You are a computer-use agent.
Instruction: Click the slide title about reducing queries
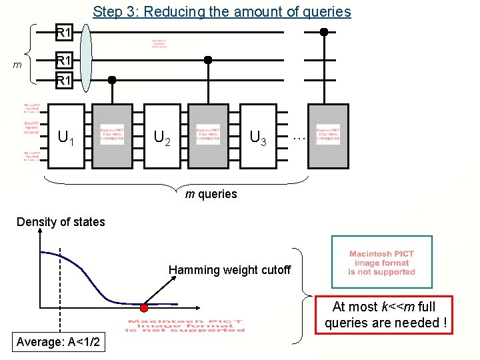(x=221, y=11)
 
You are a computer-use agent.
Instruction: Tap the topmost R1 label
(x=64, y=32)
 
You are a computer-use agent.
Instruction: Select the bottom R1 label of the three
(x=64, y=81)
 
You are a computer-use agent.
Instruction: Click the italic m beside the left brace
(x=19, y=64)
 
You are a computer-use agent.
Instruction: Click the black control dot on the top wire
(x=324, y=31)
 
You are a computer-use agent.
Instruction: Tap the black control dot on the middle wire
(x=208, y=60)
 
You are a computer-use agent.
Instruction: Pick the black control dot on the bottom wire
(x=112, y=80)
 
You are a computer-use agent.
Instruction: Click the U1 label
(x=66, y=139)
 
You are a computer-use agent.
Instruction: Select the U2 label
(x=162, y=138)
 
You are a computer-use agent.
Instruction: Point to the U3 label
(x=258, y=138)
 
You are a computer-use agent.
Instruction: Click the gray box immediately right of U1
(x=112, y=135)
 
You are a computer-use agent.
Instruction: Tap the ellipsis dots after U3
(x=299, y=135)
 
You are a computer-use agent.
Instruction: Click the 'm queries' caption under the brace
(x=211, y=194)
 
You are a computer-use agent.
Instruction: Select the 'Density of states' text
(x=61, y=222)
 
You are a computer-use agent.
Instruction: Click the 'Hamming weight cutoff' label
(x=229, y=270)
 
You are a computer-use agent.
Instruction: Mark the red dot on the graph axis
(x=144, y=308)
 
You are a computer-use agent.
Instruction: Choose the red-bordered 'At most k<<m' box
(x=385, y=315)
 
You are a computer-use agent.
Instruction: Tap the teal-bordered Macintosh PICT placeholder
(x=381, y=263)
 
